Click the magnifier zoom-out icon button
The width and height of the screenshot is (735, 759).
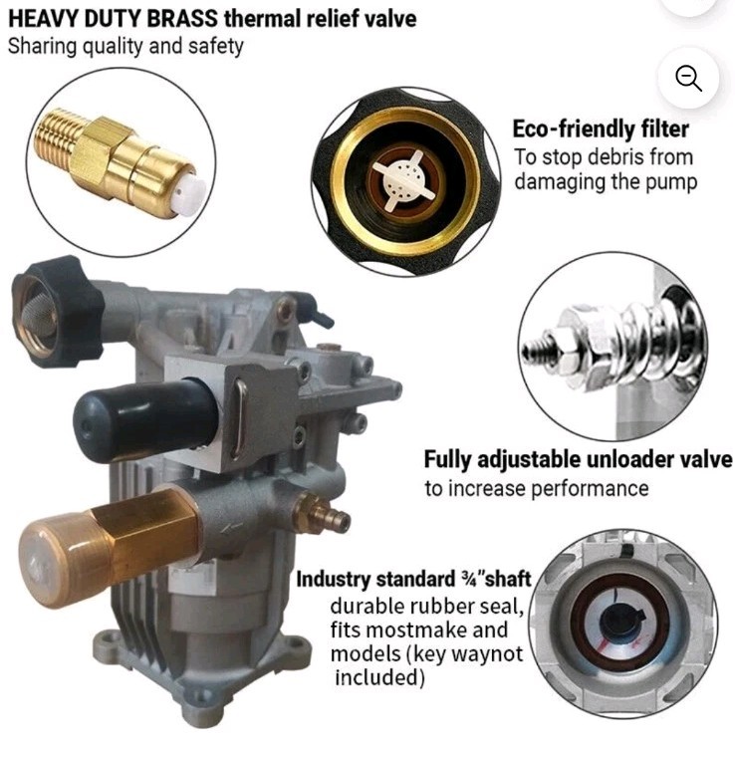[688, 78]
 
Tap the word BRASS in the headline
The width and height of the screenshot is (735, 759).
[182, 19]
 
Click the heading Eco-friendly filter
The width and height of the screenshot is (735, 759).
[601, 129]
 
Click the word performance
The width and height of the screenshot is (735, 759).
[590, 488]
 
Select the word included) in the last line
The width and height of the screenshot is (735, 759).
[379, 676]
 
